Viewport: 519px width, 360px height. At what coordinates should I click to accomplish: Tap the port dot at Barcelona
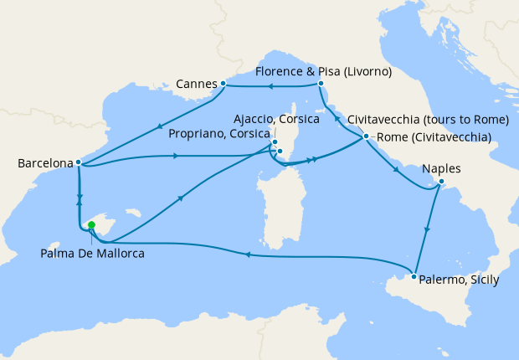tap(78, 162)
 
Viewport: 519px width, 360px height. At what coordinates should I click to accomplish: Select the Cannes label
tap(197, 84)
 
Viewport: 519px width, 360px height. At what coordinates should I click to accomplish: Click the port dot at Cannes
tap(224, 84)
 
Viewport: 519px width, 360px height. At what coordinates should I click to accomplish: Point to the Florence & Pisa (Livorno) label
tap(324, 72)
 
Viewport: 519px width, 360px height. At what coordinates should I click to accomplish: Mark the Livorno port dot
tap(321, 84)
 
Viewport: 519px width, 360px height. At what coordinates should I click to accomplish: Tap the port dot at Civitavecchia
tap(366, 136)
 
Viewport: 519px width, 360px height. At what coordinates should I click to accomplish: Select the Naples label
tap(442, 168)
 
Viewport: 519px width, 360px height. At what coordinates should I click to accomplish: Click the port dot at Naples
tap(441, 182)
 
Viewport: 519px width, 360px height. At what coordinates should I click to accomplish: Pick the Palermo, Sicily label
tap(459, 280)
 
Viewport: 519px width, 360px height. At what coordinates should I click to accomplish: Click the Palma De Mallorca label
tap(92, 253)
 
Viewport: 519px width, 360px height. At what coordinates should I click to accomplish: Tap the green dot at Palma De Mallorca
tap(91, 224)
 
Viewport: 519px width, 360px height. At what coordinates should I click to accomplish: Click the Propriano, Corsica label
tap(220, 133)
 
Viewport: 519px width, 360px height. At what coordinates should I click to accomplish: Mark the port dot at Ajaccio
tap(275, 142)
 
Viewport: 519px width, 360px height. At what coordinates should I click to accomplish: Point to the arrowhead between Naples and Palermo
tap(428, 229)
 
